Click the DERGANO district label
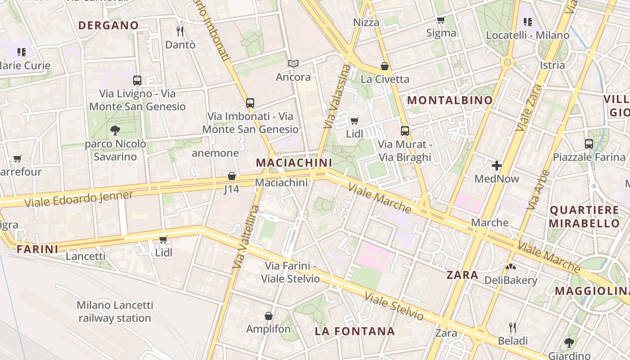[x=108, y=25]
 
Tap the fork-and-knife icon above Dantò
[x=180, y=31]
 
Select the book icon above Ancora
[x=293, y=64]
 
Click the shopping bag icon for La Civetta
[x=385, y=66]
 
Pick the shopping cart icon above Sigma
[x=441, y=20]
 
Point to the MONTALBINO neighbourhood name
[x=450, y=100]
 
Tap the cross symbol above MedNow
[x=497, y=166]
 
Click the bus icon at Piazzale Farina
[x=589, y=144]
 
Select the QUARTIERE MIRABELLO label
[x=585, y=216]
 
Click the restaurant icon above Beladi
[x=512, y=327]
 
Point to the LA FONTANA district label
[x=355, y=332]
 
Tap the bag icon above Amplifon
[x=269, y=316]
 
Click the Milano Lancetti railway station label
[x=115, y=311]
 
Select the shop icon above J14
[x=232, y=176]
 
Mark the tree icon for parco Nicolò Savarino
[x=115, y=130]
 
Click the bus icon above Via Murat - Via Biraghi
[x=405, y=131]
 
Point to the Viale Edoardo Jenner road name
[x=79, y=199]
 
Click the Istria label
[x=552, y=65]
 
